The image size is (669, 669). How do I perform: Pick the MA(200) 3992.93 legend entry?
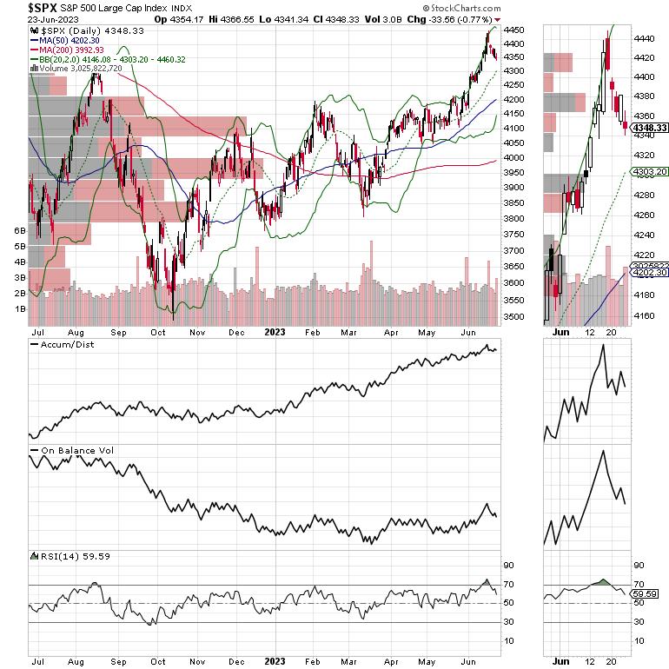pos(70,50)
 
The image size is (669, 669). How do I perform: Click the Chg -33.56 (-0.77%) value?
pos(443,18)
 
